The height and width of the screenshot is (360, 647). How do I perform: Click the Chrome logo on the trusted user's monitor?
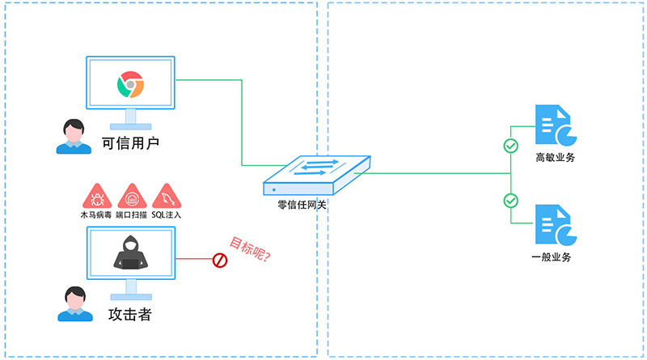[x=130, y=84]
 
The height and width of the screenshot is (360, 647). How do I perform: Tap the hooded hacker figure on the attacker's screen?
[x=130, y=255]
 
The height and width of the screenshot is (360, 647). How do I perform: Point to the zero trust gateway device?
[x=317, y=173]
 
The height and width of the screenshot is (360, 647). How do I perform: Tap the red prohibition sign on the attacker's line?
[x=219, y=260]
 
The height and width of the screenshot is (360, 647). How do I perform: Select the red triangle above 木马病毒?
[x=96, y=197]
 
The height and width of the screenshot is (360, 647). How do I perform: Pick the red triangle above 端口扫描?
[x=131, y=197]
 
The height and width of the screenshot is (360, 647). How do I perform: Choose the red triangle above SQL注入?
[x=167, y=197]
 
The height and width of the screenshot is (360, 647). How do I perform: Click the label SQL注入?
[x=167, y=216]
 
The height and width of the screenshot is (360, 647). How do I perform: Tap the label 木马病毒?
[x=96, y=216]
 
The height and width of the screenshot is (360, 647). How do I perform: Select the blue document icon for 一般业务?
[x=554, y=225]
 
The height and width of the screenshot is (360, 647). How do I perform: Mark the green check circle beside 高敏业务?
[x=510, y=146]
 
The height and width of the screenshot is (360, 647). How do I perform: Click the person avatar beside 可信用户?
[x=73, y=137]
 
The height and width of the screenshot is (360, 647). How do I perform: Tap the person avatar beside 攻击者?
[x=73, y=304]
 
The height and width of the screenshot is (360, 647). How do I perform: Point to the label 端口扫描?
[x=131, y=216]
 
